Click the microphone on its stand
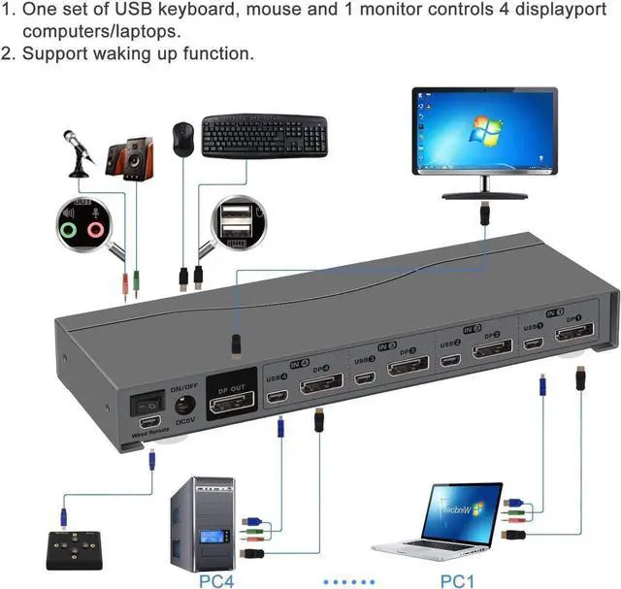point(78,155)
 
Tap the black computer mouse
point(182,140)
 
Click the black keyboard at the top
point(265,135)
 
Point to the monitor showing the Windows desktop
point(484,133)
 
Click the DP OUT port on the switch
point(233,398)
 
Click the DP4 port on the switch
point(320,389)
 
